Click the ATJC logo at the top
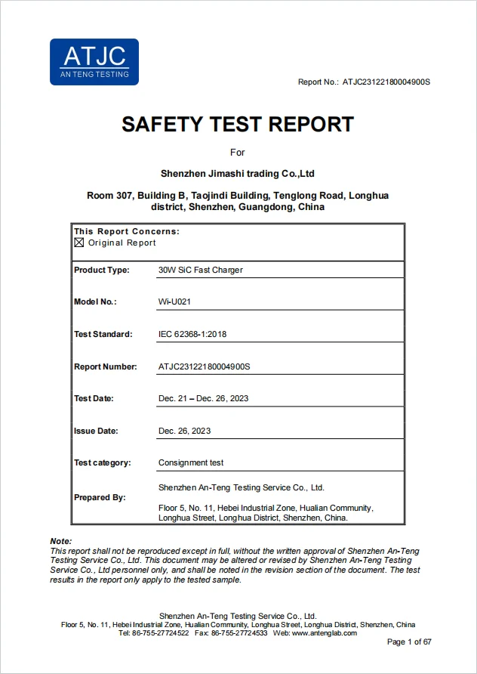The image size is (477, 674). pyautogui.click(x=94, y=62)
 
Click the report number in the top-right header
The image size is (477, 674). pyautogui.click(x=386, y=82)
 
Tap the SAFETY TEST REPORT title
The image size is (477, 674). pyautogui.click(x=238, y=124)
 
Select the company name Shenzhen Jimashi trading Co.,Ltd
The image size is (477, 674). pyautogui.click(x=238, y=174)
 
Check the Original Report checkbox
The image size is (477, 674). pyautogui.click(x=79, y=243)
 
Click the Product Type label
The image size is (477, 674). pyautogui.click(x=102, y=270)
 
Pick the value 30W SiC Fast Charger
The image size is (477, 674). pyautogui.click(x=200, y=270)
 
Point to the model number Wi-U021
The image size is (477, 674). pyautogui.click(x=174, y=301)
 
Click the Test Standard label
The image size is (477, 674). pyautogui.click(x=103, y=334)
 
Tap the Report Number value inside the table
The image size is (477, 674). pyautogui.click(x=204, y=366)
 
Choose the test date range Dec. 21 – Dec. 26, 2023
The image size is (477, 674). pyautogui.click(x=203, y=398)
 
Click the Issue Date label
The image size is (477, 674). pyautogui.click(x=96, y=431)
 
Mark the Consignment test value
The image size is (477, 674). pyautogui.click(x=191, y=462)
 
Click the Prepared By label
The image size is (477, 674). pyautogui.click(x=100, y=497)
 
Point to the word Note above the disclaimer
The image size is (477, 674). pyautogui.click(x=60, y=541)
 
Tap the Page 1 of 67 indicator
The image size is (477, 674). pyautogui.click(x=409, y=642)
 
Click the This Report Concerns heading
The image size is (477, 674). pyautogui.click(x=127, y=231)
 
